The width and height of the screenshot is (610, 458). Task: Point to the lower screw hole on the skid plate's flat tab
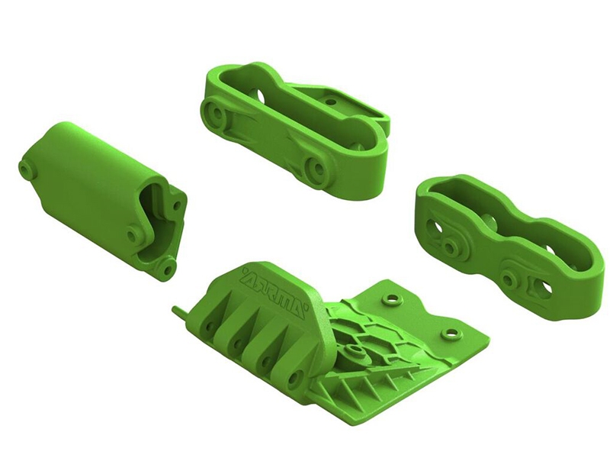451,334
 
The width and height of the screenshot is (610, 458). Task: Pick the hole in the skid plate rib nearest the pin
210,324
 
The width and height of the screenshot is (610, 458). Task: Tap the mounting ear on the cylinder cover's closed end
27,169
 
